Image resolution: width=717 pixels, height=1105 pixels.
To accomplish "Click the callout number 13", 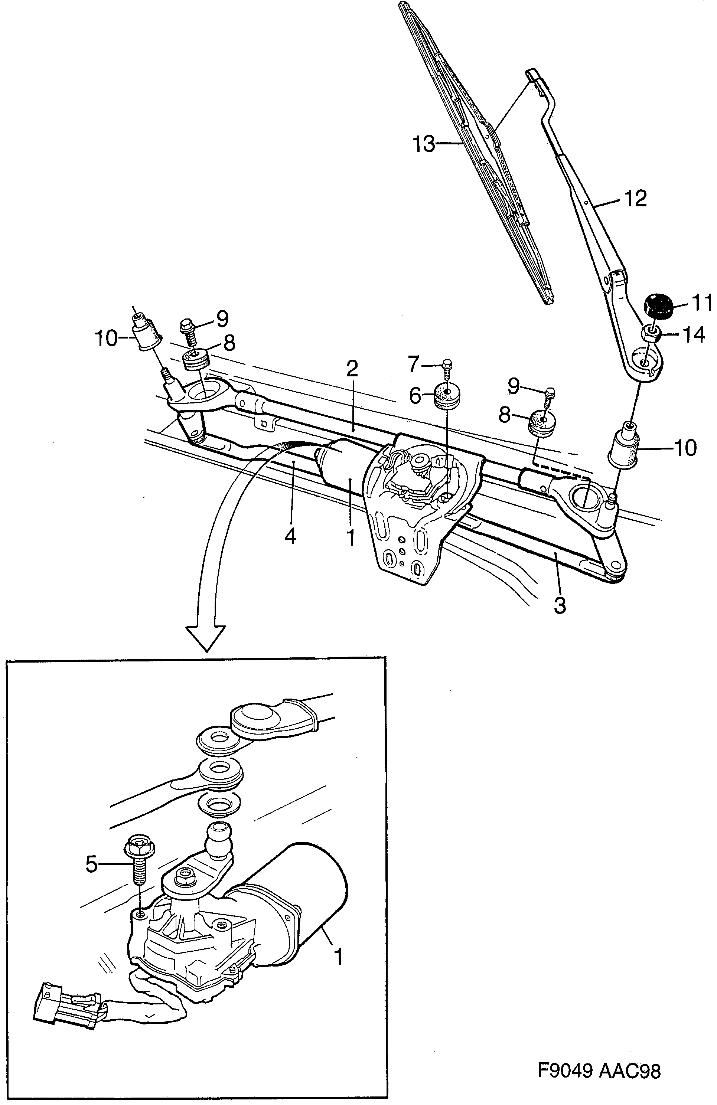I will point(424,144).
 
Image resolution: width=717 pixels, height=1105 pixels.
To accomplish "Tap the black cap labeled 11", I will point(658,306).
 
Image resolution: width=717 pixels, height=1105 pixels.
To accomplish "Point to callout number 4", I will point(291,537).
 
